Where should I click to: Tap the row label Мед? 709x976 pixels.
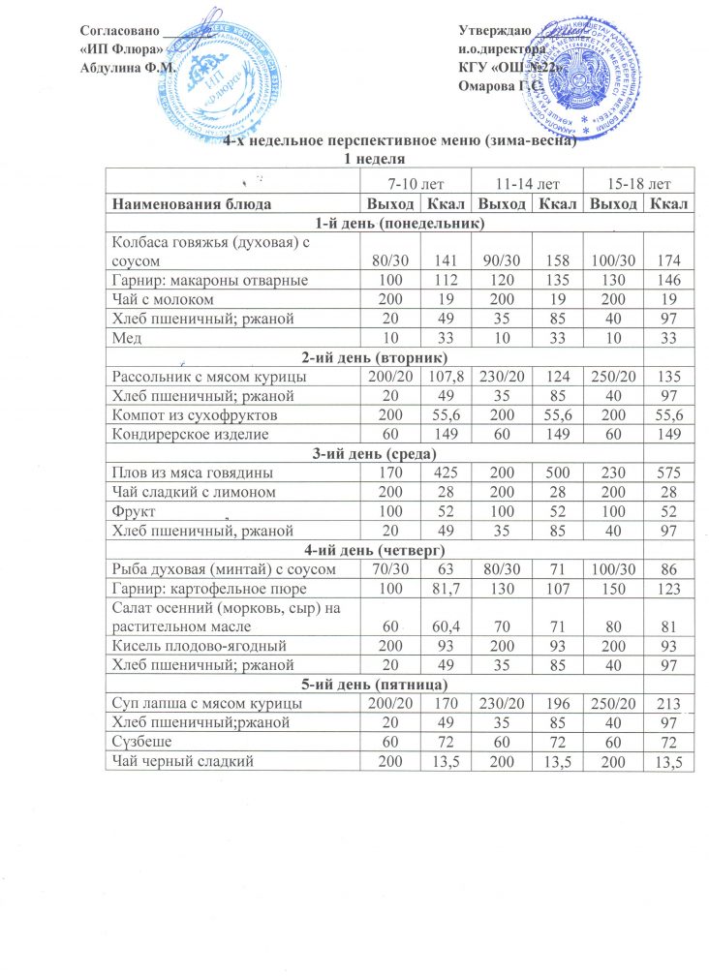pos(126,334)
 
